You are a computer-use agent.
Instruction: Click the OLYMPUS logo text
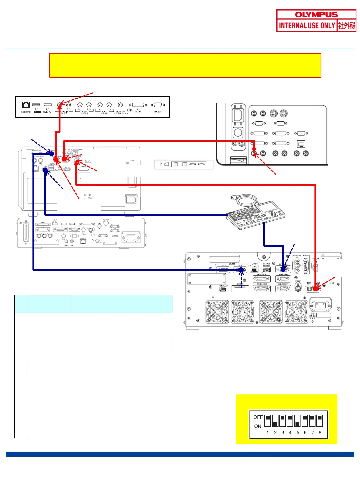[316, 15]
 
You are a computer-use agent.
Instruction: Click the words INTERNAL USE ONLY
[307, 26]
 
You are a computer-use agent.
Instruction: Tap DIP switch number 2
[275, 421]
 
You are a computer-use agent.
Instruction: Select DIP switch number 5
[297, 421]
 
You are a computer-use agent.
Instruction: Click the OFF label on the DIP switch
[258, 417]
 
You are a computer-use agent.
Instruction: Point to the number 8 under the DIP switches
[320, 433]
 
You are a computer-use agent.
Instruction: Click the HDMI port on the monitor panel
[36, 105]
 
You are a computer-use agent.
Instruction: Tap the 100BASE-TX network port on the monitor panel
[26, 105]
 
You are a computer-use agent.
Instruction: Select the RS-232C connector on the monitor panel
[158, 105]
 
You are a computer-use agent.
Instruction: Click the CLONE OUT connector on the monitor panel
[121, 105]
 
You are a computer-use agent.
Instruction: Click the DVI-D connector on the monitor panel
[138, 105]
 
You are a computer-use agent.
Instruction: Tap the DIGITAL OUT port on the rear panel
[223, 289]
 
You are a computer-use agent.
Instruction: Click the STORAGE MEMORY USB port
[266, 269]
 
